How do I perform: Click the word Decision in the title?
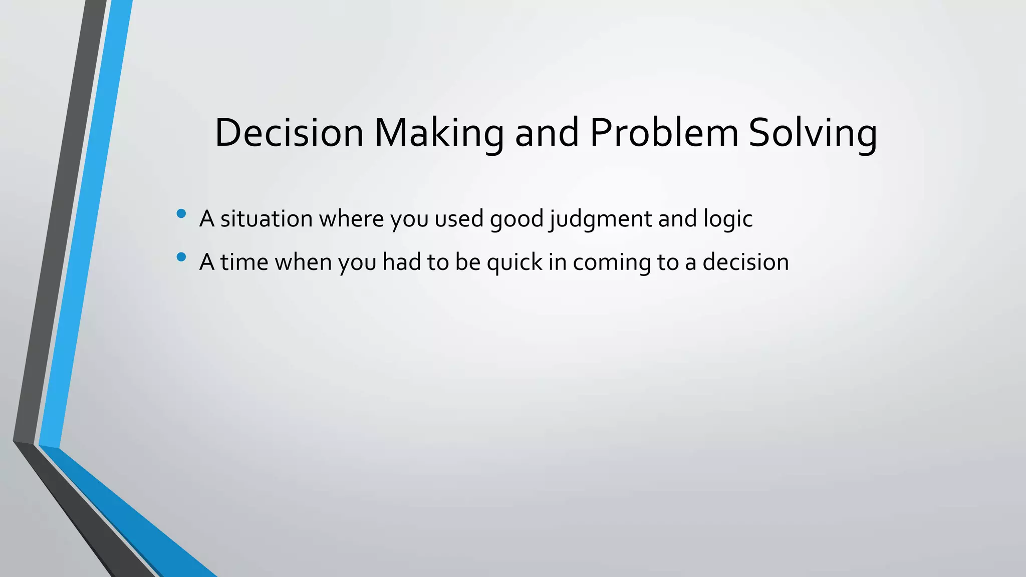(289, 133)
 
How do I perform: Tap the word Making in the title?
(439, 133)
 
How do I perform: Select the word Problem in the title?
(664, 133)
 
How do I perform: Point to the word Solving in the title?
(812, 133)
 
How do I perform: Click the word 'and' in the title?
(547, 133)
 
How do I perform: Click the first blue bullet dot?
(181, 214)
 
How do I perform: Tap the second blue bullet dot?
(181, 257)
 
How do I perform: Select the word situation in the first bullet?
(267, 219)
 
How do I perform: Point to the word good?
(517, 219)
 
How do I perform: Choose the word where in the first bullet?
(351, 219)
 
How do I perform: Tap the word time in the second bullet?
(244, 262)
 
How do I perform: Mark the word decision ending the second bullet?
(745, 262)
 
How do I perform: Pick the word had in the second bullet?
(401, 262)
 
